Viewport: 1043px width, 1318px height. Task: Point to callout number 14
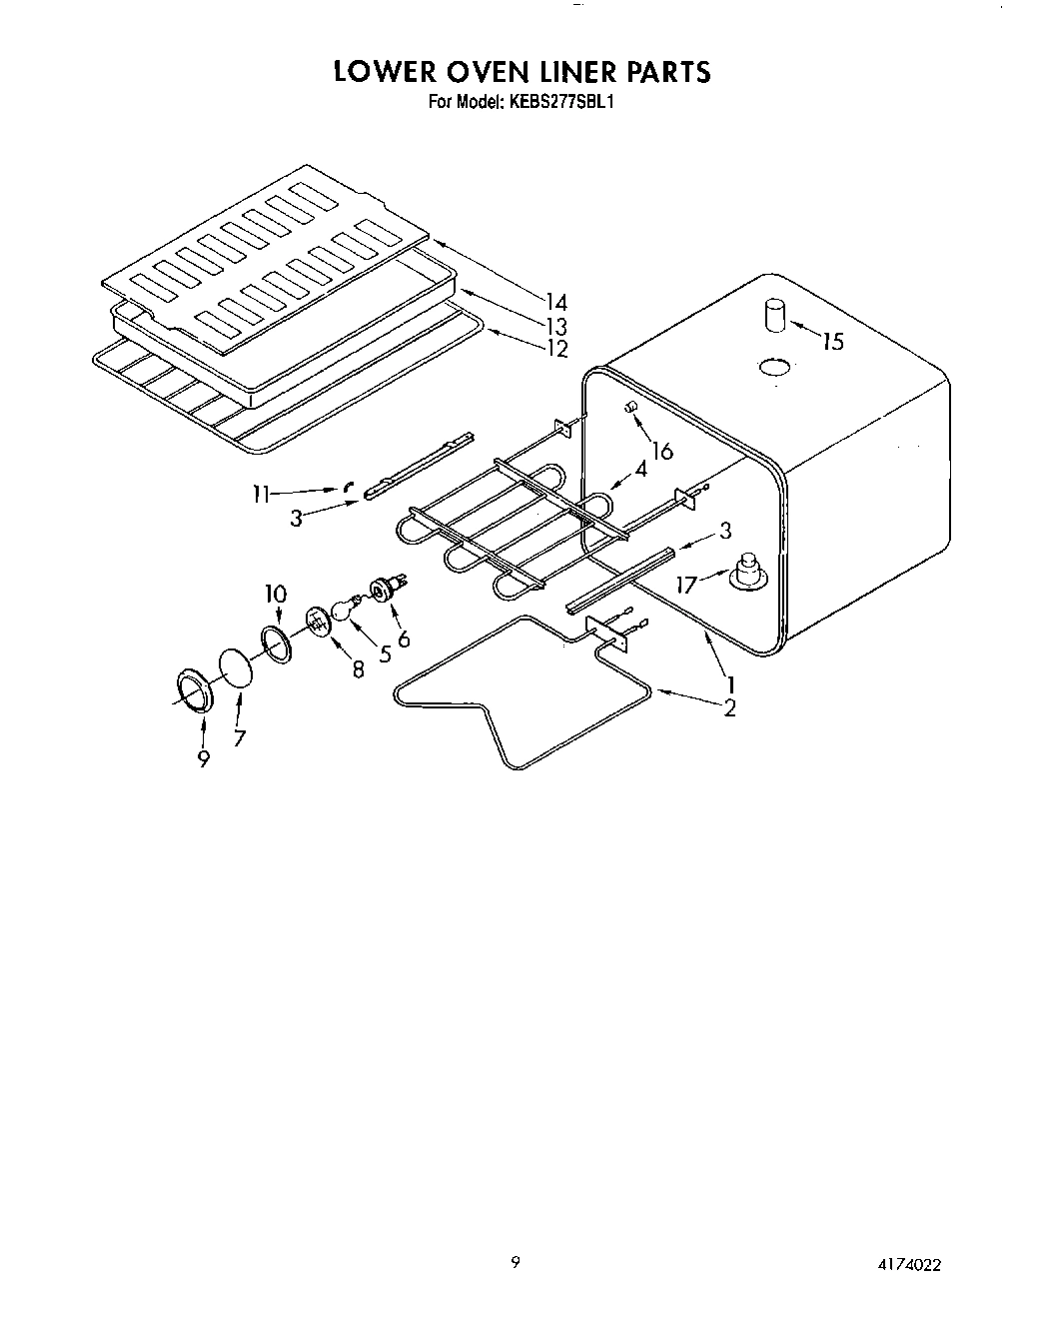556,302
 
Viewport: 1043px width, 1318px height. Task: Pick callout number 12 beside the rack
556,348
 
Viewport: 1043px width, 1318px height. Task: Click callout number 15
831,342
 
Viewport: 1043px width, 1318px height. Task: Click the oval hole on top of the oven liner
775,369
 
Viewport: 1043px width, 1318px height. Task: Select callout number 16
660,451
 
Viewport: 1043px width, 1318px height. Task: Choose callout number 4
639,469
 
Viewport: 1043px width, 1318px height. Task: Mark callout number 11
261,493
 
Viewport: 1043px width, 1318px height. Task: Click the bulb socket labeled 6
384,592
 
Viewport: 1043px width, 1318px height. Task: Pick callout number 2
729,707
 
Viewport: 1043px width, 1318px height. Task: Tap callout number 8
357,671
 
